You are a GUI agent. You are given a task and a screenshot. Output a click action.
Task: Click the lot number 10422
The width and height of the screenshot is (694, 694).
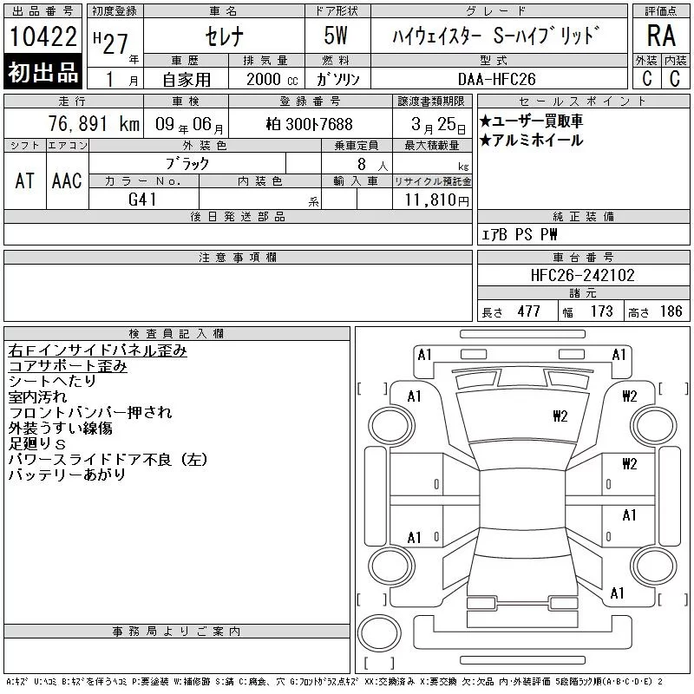click(x=43, y=36)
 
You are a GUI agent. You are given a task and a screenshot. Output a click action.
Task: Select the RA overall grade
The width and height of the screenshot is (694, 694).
click(x=661, y=36)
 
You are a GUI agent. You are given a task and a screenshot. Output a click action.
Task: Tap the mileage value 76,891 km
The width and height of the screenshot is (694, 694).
click(x=94, y=124)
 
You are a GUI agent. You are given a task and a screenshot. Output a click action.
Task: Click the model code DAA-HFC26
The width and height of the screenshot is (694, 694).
click(x=496, y=79)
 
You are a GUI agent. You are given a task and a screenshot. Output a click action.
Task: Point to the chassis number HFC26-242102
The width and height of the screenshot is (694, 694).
click(x=582, y=275)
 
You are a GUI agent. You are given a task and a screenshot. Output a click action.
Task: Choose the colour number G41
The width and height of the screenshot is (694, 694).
click(x=142, y=200)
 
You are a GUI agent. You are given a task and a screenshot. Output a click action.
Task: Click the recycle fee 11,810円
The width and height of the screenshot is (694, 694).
click(x=436, y=200)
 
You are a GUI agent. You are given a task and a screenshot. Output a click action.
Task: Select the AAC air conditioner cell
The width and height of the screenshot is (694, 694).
click(x=67, y=180)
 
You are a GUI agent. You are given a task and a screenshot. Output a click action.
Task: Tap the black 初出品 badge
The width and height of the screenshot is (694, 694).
click(x=43, y=72)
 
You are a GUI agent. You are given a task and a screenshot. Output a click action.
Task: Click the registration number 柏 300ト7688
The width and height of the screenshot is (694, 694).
click(x=310, y=124)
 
